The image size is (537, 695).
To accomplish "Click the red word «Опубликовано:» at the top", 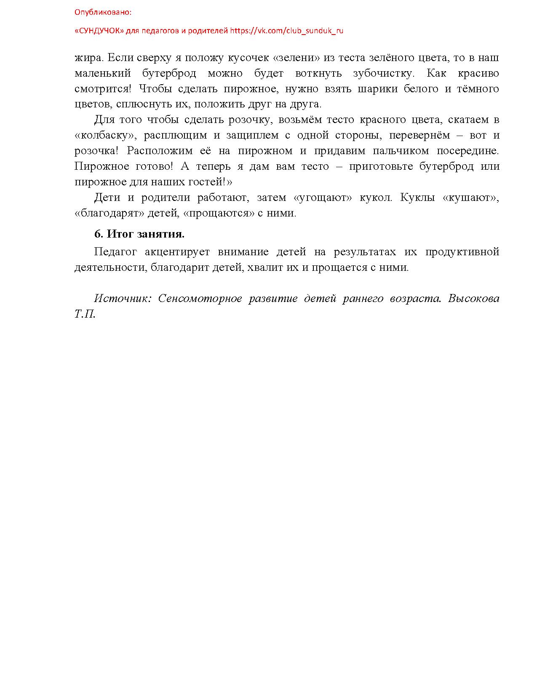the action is [x=103, y=12].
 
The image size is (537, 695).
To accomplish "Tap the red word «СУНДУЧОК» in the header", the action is [x=102, y=31].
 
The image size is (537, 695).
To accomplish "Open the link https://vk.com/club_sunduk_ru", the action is [x=287, y=31].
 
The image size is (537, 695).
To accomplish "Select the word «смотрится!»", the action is [x=103, y=89].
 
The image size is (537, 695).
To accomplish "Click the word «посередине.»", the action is [x=468, y=151].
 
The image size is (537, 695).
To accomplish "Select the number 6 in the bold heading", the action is [x=98, y=234].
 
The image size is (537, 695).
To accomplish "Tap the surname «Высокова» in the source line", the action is [x=473, y=299].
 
